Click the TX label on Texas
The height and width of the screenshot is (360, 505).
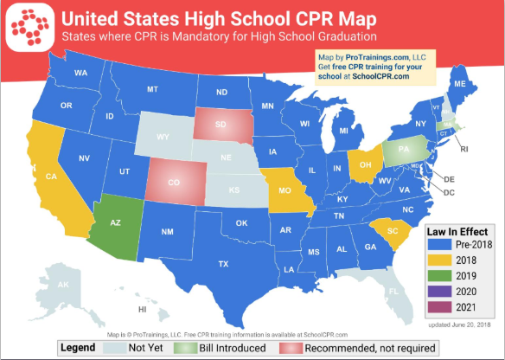(x=222, y=263)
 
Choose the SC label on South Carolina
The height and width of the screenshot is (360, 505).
(x=393, y=232)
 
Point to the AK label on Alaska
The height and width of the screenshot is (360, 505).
(x=62, y=284)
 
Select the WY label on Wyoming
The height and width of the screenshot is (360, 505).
(x=162, y=137)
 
